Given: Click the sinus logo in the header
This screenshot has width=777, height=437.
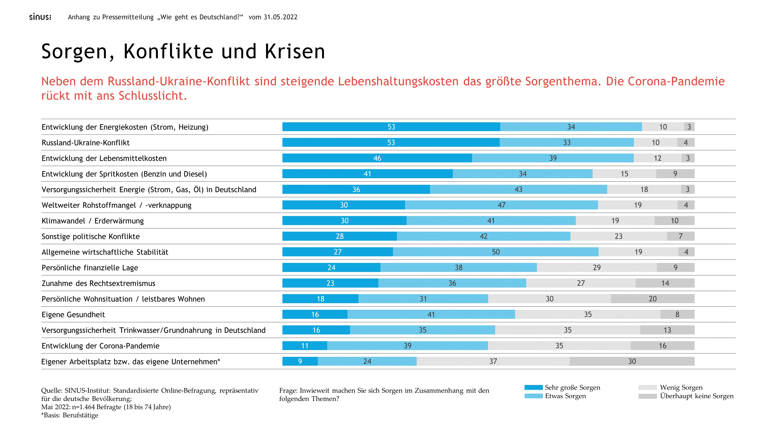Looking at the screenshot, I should pyautogui.click(x=40, y=17).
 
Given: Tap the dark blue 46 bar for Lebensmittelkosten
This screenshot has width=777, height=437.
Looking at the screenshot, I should pyautogui.click(x=377, y=158).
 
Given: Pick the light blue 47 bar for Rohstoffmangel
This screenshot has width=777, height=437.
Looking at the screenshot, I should pyautogui.click(x=501, y=205).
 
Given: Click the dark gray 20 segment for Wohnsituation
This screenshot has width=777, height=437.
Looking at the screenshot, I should pyautogui.click(x=652, y=299).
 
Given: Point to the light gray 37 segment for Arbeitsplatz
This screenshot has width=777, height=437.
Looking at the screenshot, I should pyautogui.click(x=493, y=361).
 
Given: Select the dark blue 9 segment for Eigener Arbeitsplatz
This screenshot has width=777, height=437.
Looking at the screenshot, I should pyautogui.click(x=300, y=361).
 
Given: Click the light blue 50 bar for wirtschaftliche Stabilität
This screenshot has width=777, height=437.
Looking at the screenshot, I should pyautogui.click(x=496, y=252).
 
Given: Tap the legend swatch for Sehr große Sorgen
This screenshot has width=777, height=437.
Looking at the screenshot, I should pyautogui.click(x=533, y=387).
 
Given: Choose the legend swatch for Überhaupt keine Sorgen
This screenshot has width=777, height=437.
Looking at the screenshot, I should pyautogui.click(x=647, y=396).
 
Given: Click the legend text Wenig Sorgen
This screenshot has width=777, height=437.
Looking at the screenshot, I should pyautogui.click(x=681, y=387).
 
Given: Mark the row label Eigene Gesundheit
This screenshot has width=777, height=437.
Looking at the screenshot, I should pyautogui.click(x=73, y=314).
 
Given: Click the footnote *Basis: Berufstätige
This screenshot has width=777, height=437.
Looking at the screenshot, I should pyautogui.click(x=70, y=415).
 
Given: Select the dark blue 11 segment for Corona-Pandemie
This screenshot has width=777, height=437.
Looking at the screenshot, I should pyautogui.click(x=305, y=346).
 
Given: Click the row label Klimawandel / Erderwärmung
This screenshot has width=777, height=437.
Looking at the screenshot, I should pyautogui.click(x=92, y=221).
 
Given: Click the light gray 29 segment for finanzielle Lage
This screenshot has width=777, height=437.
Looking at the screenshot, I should pyautogui.click(x=597, y=267).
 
